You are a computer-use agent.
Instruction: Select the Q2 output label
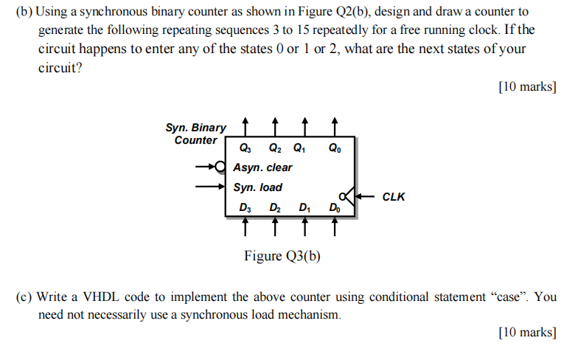click(274, 147)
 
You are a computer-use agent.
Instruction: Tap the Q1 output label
click(299, 147)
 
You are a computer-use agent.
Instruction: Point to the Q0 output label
click(335, 147)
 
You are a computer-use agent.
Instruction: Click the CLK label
click(394, 197)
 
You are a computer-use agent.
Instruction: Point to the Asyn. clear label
click(262, 167)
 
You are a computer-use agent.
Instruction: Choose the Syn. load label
click(257, 187)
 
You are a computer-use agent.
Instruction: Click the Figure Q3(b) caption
click(282, 256)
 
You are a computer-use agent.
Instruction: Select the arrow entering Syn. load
click(210, 187)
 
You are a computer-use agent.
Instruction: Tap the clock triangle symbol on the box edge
click(352, 196)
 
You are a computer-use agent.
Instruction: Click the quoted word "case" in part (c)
click(508, 297)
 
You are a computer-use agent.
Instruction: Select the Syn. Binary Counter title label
click(196, 134)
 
